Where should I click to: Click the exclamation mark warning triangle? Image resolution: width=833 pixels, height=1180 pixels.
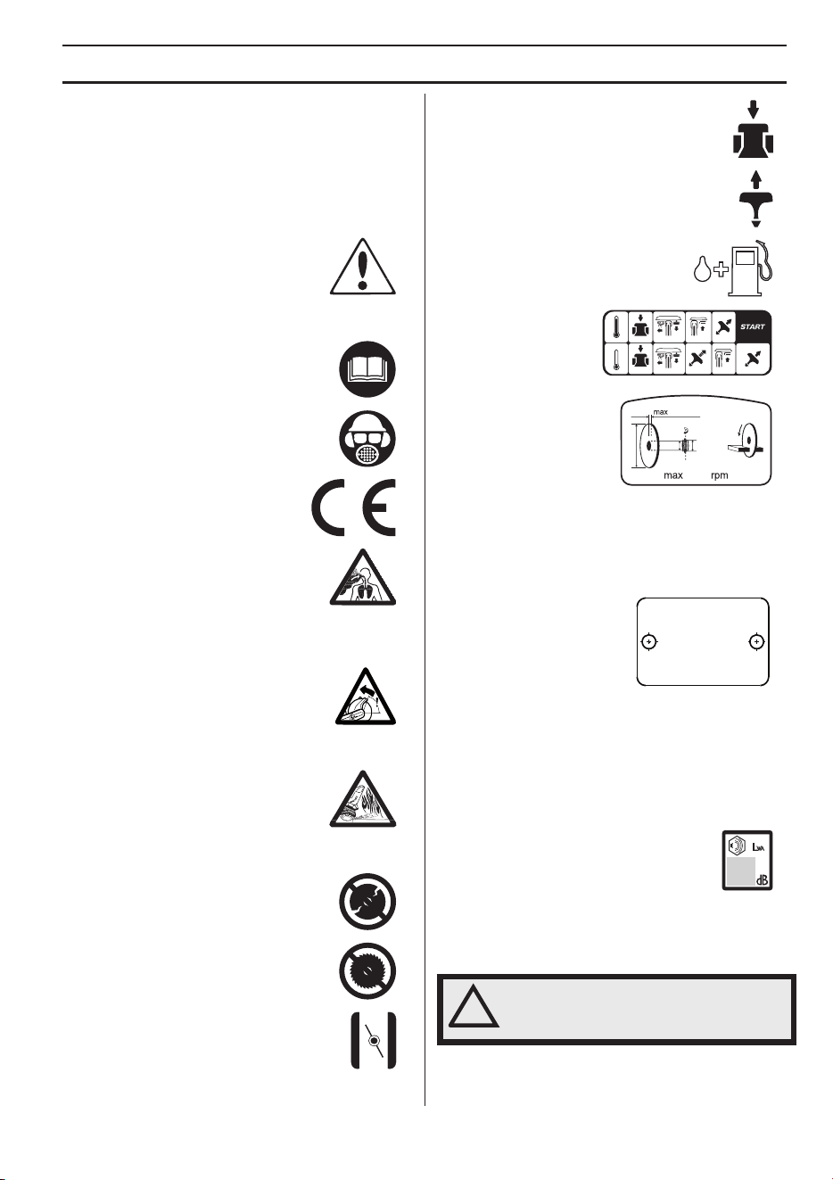click(x=362, y=267)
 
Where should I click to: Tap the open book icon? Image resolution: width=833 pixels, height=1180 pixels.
click(x=367, y=368)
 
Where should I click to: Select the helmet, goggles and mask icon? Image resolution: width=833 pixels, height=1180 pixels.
click(x=367, y=439)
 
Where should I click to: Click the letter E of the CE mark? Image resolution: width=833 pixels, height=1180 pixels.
click(x=377, y=507)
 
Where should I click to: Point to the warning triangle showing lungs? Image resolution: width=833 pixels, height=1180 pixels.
click(x=362, y=577)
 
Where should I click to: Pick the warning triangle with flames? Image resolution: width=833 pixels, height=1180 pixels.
click(x=362, y=799)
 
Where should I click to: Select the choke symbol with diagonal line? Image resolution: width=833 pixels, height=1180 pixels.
click(x=374, y=1040)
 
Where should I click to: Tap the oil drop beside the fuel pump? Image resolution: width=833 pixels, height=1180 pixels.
click(x=701, y=269)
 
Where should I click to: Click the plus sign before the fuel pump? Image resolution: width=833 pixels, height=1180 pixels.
click(x=721, y=269)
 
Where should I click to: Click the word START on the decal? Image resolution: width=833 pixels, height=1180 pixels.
click(x=753, y=326)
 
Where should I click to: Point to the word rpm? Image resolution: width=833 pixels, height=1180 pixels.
click(x=719, y=475)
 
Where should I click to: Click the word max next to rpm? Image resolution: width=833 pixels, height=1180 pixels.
click(x=672, y=475)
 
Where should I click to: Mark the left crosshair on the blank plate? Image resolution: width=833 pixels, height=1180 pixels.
click(x=649, y=641)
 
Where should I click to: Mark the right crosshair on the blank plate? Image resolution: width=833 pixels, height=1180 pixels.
click(x=756, y=641)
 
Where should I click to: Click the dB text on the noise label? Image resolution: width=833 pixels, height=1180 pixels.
click(x=762, y=880)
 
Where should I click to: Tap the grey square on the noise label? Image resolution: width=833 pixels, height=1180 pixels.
click(x=740, y=871)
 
